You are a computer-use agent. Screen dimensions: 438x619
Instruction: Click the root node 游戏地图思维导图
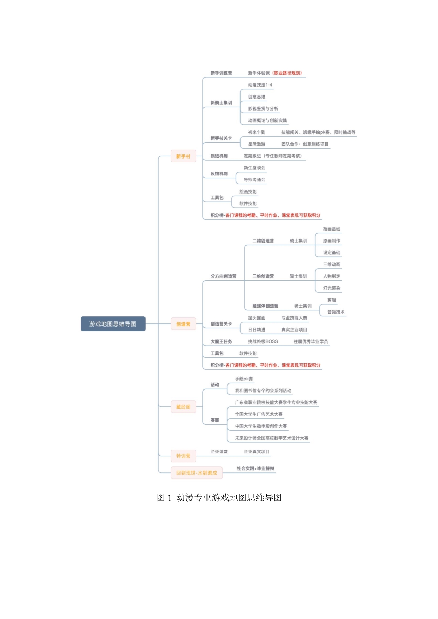click(113, 324)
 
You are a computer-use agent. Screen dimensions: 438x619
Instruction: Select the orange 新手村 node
click(183, 156)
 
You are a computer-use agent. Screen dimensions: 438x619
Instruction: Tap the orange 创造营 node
click(183, 324)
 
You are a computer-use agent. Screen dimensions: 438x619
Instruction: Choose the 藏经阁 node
click(183, 407)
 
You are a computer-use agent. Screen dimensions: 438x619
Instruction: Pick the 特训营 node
click(183, 456)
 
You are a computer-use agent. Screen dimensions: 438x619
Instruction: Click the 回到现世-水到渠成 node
click(197, 473)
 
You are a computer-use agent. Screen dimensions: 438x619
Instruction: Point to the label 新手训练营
click(221, 73)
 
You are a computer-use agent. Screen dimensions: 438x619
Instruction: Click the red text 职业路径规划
click(288, 73)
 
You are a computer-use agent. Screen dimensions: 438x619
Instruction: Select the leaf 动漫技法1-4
click(260, 85)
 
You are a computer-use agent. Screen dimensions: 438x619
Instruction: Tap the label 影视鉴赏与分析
click(263, 108)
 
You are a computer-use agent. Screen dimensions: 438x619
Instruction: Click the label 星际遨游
click(256, 144)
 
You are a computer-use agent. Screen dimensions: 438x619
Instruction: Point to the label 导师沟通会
click(254, 180)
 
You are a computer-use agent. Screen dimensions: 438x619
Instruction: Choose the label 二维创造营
click(263, 241)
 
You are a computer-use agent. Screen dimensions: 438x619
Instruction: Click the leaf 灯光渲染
click(332, 288)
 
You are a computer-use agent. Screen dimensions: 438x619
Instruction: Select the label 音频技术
click(336, 312)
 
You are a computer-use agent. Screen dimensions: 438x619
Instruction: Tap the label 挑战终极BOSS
click(263, 341)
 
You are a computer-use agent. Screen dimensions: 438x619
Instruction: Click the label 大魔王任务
click(221, 341)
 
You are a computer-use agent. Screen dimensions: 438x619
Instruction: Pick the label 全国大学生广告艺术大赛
click(259, 414)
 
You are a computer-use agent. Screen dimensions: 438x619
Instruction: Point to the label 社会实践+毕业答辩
click(255, 469)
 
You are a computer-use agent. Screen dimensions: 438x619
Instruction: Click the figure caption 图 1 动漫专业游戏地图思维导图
click(219, 498)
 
